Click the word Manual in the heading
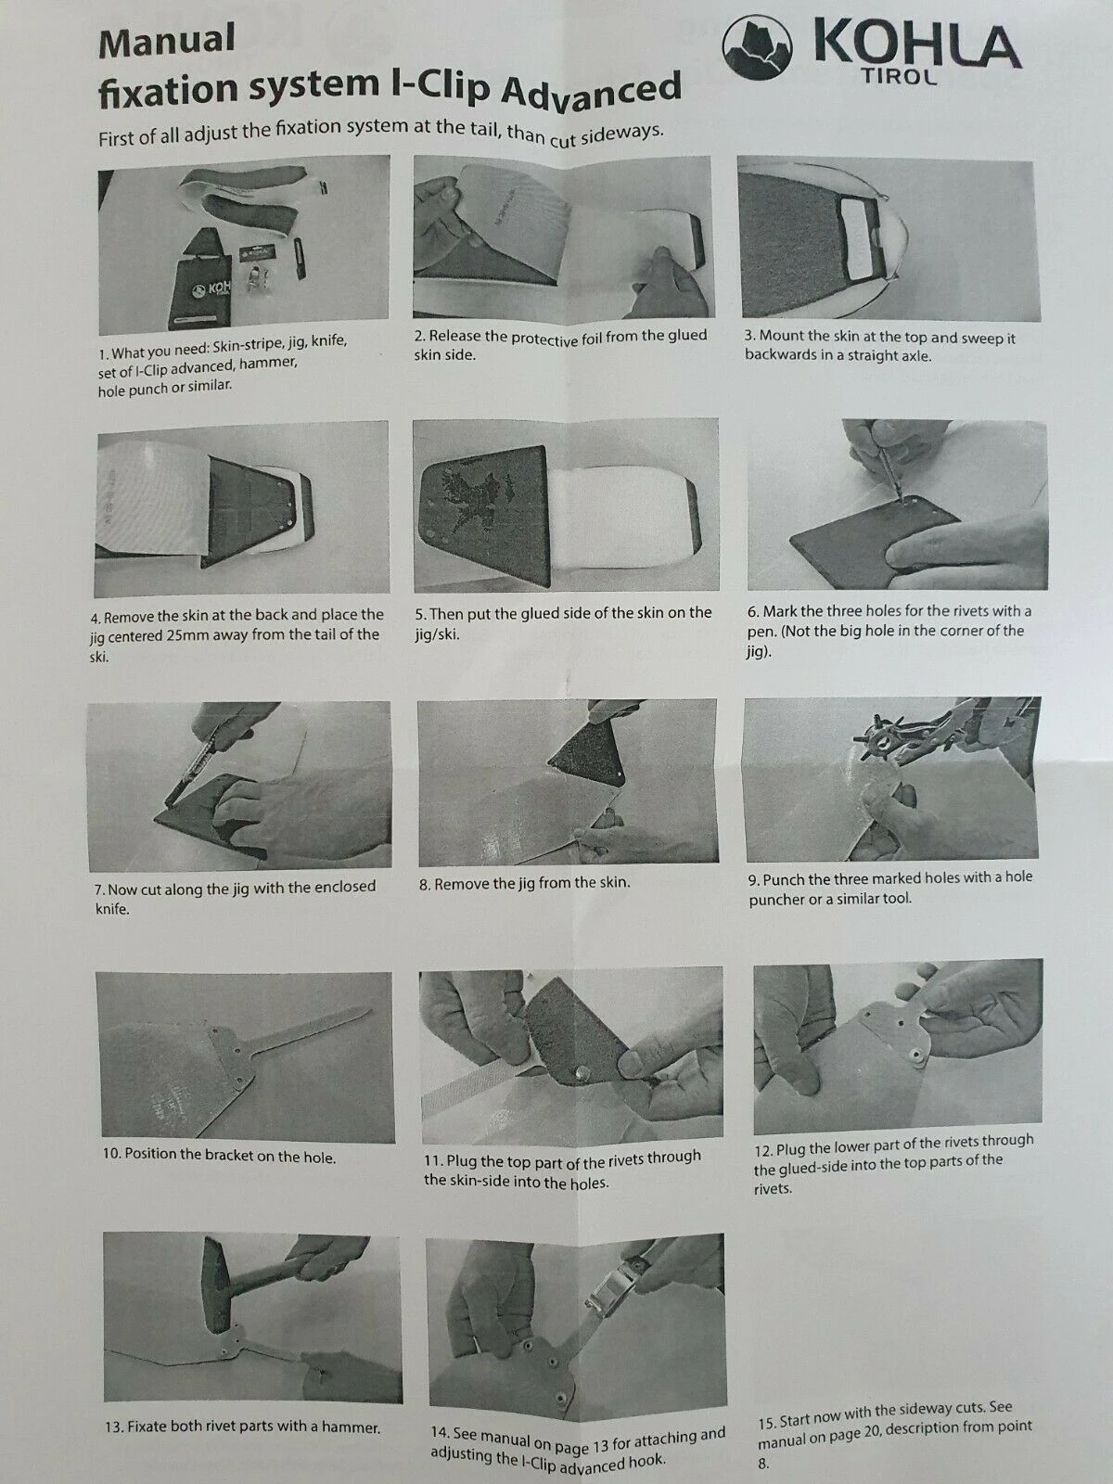(167, 40)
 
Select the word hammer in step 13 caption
(342, 1427)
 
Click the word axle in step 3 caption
(917, 356)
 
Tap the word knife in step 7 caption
(112, 909)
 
